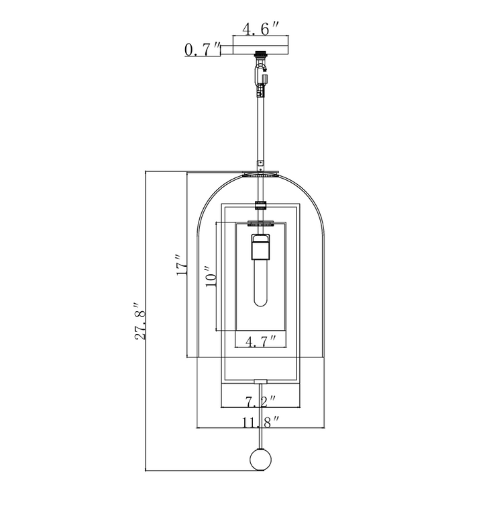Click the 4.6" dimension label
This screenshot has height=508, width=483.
[x=260, y=29]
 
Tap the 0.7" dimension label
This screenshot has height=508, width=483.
[x=202, y=49]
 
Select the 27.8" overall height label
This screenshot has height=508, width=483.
[x=140, y=321]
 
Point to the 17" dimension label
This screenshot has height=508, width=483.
[x=182, y=265]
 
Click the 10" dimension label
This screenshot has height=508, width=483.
[x=210, y=277]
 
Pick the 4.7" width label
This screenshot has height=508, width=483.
[x=260, y=341]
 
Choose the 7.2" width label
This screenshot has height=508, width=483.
[x=260, y=401]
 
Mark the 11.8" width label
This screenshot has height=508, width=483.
[x=260, y=422]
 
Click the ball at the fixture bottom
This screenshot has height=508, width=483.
[x=260, y=459]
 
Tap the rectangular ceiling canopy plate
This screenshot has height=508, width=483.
[x=260, y=45]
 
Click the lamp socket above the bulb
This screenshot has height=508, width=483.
[x=260, y=246]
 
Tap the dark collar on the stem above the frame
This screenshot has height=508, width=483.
[x=260, y=206]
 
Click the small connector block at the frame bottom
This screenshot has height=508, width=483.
[x=260, y=381]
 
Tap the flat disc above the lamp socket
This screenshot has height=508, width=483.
[x=260, y=223]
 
